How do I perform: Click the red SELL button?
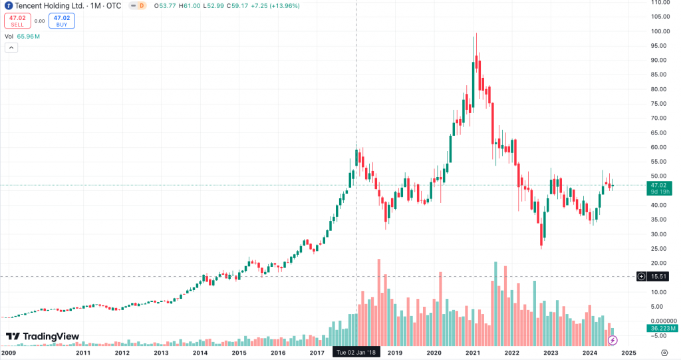(17, 21)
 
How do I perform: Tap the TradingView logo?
(43, 337)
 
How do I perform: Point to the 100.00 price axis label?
(660, 31)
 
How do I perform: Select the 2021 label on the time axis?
(473, 353)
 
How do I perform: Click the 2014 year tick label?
(200, 353)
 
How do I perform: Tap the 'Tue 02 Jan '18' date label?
(356, 353)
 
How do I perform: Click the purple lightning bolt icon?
(613, 340)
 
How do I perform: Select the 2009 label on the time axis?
(8, 353)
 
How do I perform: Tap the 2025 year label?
(628, 353)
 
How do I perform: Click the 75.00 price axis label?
(660, 104)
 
